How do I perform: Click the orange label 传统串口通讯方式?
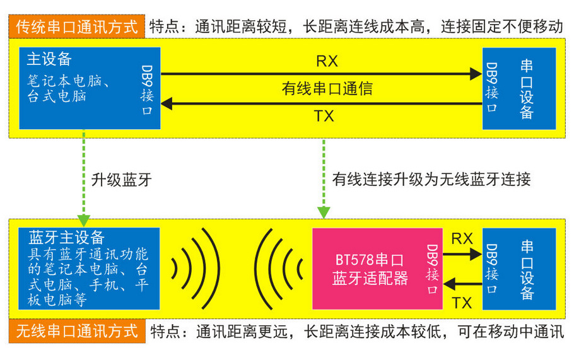[x=77, y=26]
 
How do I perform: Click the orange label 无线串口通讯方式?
[x=77, y=331]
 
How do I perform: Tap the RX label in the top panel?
[x=327, y=61]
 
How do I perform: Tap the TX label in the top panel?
[x=324, y=116]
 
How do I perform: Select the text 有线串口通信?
[x=327, y=88]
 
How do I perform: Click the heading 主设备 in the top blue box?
[x=49, y=59]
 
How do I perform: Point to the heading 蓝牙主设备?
[x=67, y=237]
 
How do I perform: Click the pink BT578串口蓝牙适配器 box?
[x=377, y=269]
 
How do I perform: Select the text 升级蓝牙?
[x=121, y=180]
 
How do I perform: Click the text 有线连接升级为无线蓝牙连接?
[x=431, y=179]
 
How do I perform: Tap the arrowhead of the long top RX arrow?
[x=476, y=74]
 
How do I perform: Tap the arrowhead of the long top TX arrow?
[x=167, y=103]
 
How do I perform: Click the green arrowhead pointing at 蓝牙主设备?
[x=84, y=221]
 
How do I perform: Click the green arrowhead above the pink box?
[x=324, y=212]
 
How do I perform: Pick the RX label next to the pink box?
[x=462, y=238]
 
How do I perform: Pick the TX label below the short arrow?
[x=462, y=303]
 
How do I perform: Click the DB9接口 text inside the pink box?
[x=432, y=269]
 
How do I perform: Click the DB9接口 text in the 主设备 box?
[x=147, y=90]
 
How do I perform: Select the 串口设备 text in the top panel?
[x=527, y=90]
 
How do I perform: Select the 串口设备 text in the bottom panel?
[x=527, y=270]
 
